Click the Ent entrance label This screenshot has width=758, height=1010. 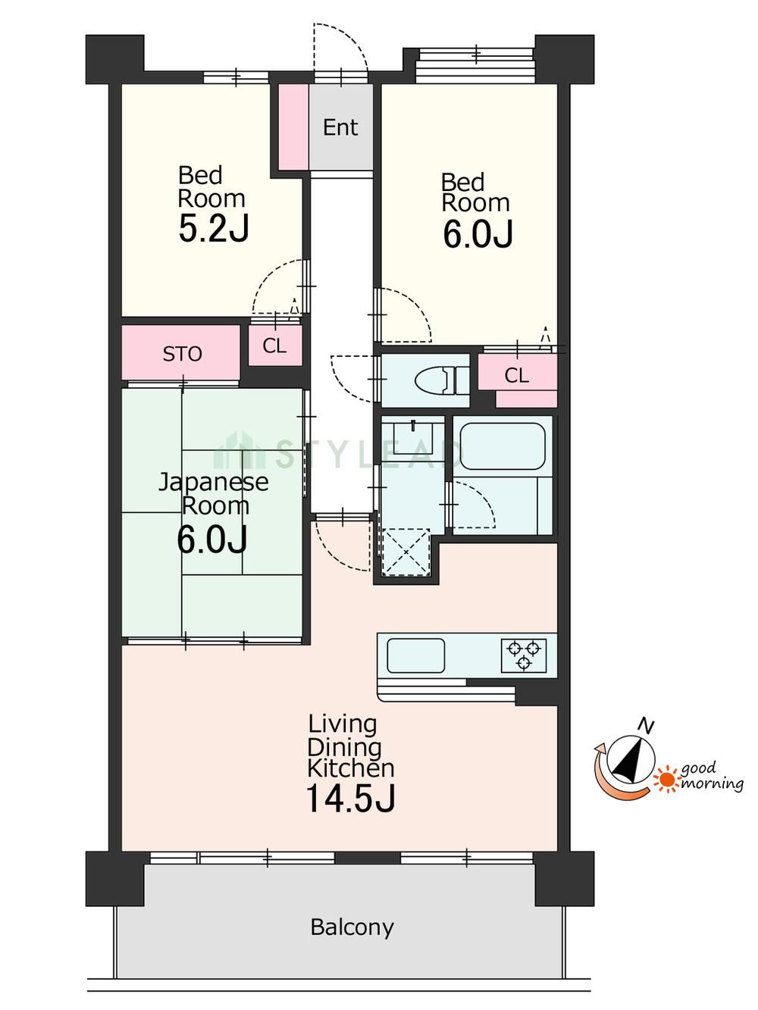(340, 127)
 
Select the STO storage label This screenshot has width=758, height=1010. (182, 354)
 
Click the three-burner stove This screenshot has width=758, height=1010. (523, 655)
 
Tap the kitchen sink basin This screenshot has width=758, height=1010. (415, 655)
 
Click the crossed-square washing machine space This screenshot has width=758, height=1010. (406, 552)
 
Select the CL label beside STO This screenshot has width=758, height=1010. (274, 346)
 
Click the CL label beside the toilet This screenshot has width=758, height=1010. (516, 376)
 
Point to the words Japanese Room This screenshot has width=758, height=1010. (213, 494)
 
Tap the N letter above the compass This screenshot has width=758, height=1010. (647, 726)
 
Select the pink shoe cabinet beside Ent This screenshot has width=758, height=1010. (293, 127)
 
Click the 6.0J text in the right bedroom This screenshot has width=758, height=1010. (478, 234)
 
